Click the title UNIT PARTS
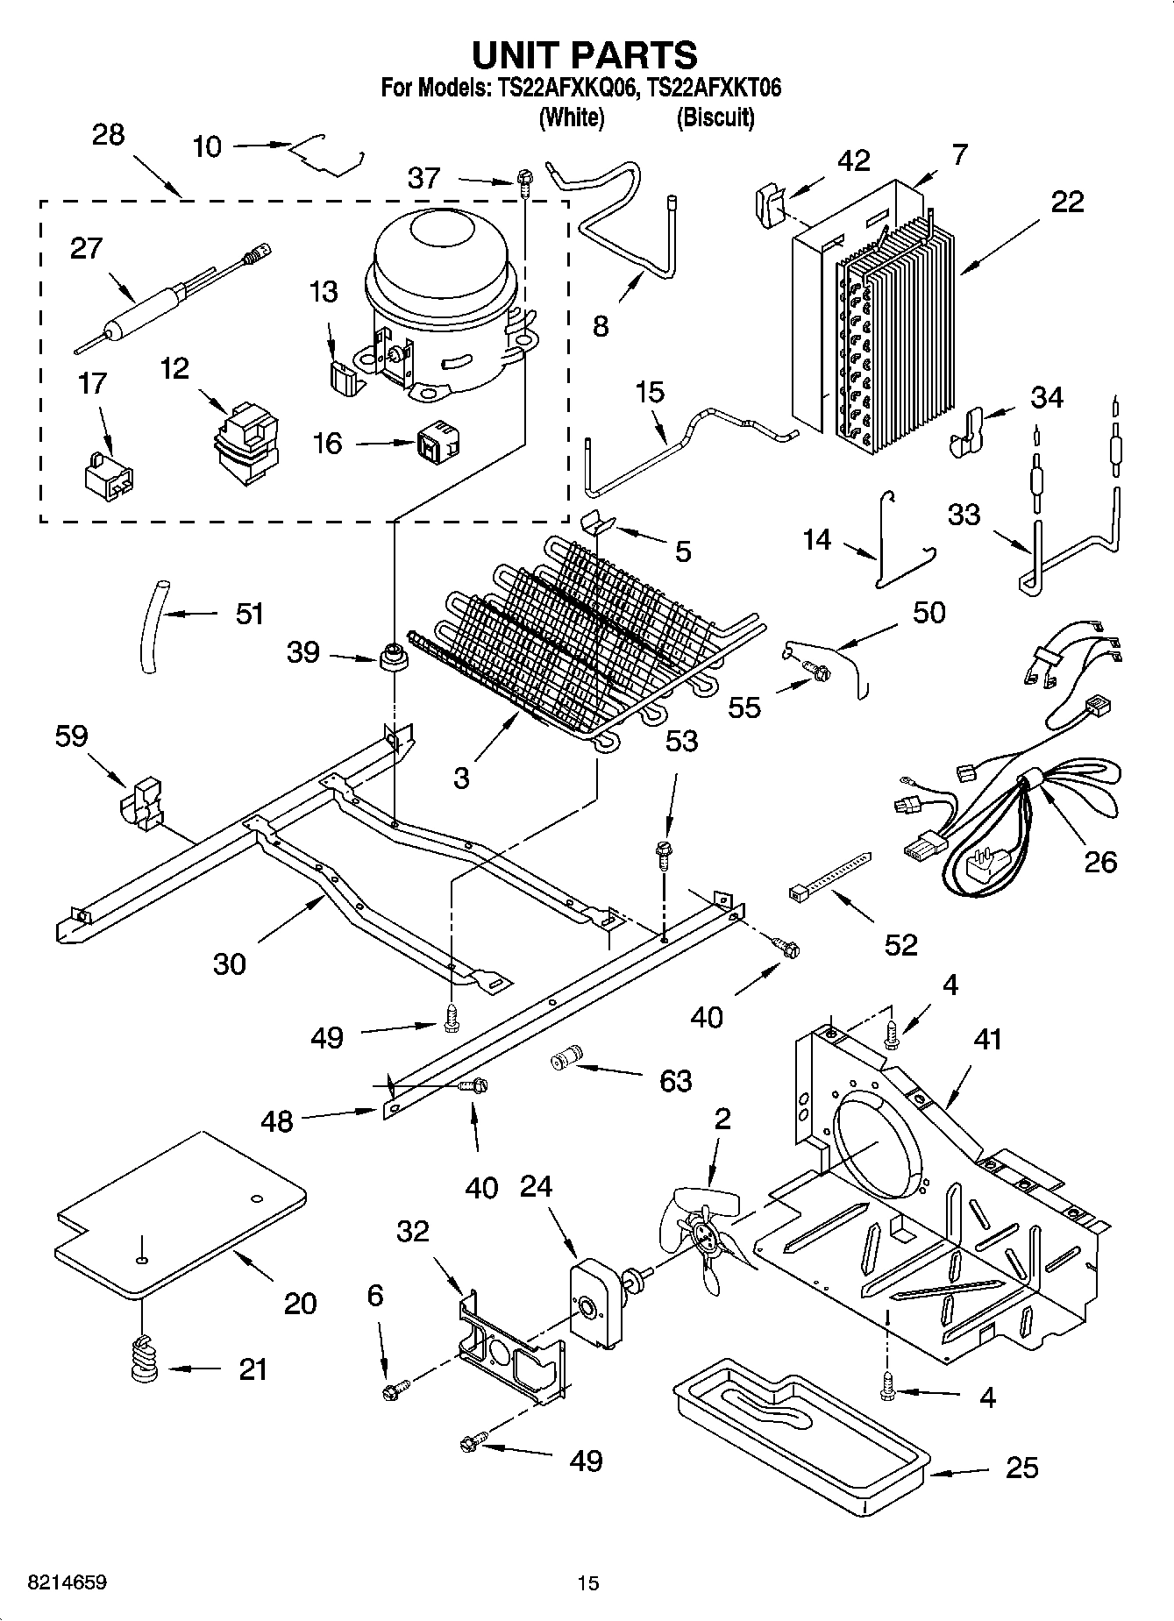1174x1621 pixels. point(585,54)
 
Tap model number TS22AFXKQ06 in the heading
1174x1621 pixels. point(555,88)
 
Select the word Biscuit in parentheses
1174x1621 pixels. point(715,117)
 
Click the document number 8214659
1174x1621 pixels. point(55,1582)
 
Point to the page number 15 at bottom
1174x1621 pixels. point(587,1582)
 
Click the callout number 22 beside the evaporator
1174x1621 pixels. point(1067,202)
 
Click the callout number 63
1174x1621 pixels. point(675,1080)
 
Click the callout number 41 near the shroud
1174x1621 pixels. point(986,1040)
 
